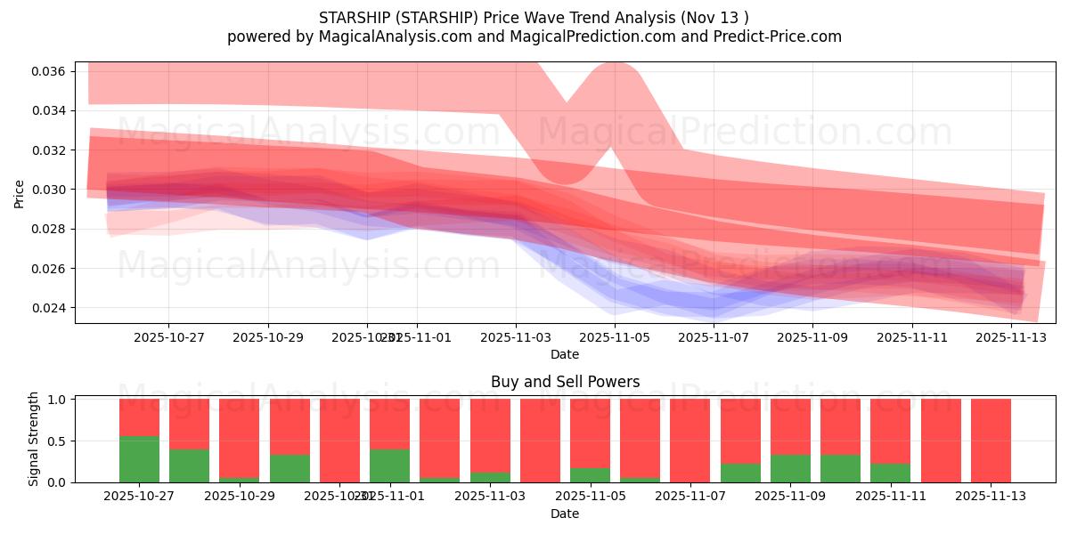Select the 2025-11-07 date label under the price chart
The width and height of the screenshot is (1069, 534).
coord(714,337)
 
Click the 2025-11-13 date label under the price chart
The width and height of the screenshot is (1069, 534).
coord(1011,337)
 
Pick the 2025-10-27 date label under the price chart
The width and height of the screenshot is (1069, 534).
coord(168,337)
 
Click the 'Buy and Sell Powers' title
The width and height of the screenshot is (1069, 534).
coord(565,382)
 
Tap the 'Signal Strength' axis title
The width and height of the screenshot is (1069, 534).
coord(34,439)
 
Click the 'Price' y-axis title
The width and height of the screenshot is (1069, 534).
coord(20,193)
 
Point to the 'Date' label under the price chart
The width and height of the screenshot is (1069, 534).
coord(565,354)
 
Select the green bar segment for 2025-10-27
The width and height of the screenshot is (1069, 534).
coord(139,459)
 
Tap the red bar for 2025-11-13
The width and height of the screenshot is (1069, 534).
coord(991,441)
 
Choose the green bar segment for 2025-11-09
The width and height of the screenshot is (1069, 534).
coord(790,468)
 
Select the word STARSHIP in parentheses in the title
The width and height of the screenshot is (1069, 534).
coord(429,17)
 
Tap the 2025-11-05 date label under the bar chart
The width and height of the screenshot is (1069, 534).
coord(591,496)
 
